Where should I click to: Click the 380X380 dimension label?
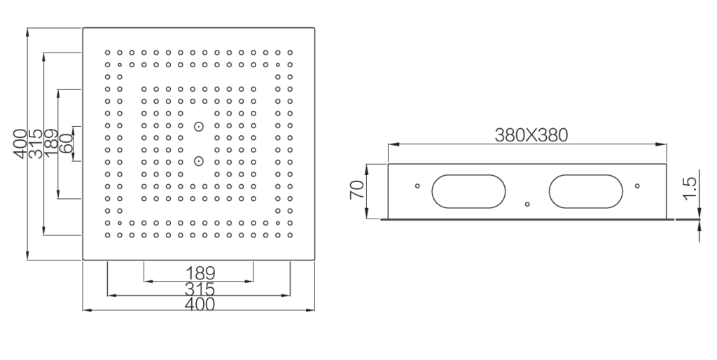coord(531,135)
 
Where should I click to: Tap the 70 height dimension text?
coord(356,189)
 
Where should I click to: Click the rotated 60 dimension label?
coord(66,143)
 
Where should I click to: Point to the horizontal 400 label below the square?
coord(200,304)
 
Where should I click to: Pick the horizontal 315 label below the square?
coord(200,289)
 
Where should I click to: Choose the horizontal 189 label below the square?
coord(200,274)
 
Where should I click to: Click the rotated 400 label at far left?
coord(20,144)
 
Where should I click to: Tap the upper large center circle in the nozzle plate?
coord(198,126)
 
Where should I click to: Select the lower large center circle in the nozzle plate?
coord(198,161)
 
